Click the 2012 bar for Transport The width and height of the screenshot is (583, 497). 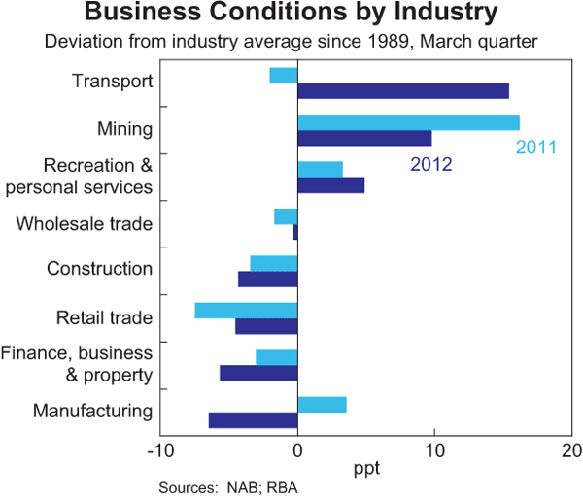pos(402,91)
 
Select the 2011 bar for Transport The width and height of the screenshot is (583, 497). pos(284,76)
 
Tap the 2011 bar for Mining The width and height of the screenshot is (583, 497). pos(408,122)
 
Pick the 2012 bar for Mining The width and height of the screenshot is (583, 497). pos(364,138)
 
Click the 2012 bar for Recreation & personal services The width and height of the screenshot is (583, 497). pos(330,185)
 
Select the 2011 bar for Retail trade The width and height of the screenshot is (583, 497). pos(246,311)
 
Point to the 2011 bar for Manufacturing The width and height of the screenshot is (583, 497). pos(322,405)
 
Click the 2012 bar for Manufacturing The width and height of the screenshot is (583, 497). pos(253,420)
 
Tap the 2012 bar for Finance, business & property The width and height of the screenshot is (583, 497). pos(258,373)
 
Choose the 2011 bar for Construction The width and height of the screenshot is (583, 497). pos(274,263)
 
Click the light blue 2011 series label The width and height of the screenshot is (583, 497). pos(535,149)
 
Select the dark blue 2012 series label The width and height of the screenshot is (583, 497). pos(430,164)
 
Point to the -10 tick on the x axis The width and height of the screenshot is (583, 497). pos(158,451)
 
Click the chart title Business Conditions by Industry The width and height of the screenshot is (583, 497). pos(291,16)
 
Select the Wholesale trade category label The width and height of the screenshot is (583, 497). pos(85,224)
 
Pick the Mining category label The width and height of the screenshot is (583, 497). pos(125,129)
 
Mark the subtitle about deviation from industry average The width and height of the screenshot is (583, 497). pos(291,42)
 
